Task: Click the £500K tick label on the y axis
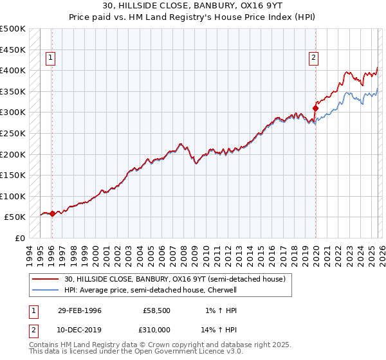coord(13,29)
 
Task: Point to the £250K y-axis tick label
coord(13,134)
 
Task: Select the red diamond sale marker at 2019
coord(316,108)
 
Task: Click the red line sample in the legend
coord(46,279)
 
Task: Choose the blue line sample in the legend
coord(46,290)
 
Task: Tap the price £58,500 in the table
coord(156,310)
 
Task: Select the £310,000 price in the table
coord(154,328)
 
